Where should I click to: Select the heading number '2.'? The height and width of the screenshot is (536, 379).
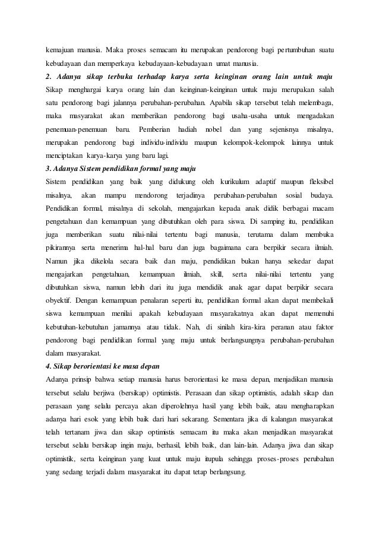[49, 77]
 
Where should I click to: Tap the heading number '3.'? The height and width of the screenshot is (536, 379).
[49, 168]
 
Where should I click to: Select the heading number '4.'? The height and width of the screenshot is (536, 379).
[49, 364]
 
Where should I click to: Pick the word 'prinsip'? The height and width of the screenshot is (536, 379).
[88, 378]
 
